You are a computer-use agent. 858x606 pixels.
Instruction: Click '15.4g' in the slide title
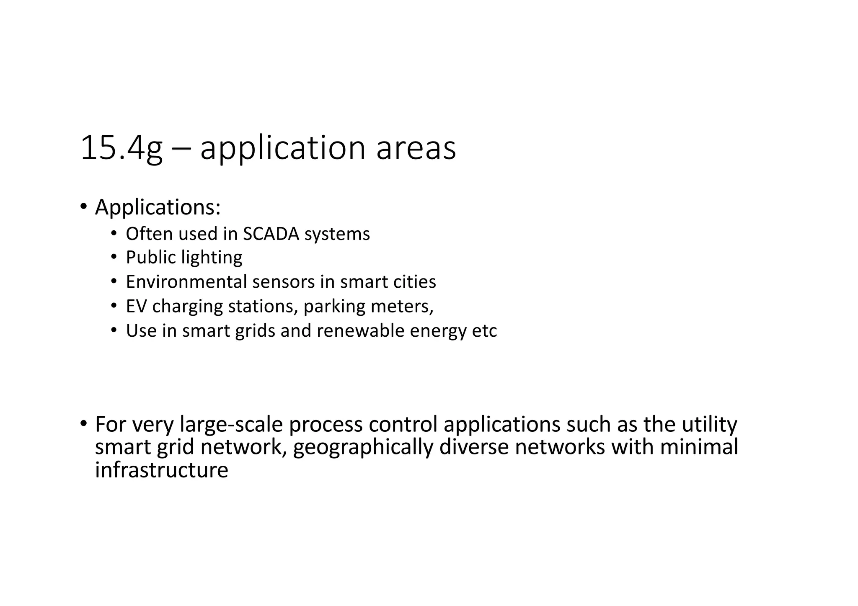click(121, 148)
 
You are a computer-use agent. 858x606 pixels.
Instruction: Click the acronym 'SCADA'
click(271, 234)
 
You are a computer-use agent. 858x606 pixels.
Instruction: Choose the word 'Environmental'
click(186, 282)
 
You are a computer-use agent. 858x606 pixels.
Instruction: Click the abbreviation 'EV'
click(136, 306)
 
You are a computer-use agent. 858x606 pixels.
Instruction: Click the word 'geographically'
click(362, 447)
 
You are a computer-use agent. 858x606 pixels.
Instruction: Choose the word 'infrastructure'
click(161, 469)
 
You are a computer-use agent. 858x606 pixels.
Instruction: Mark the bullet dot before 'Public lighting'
click(114, 257)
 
